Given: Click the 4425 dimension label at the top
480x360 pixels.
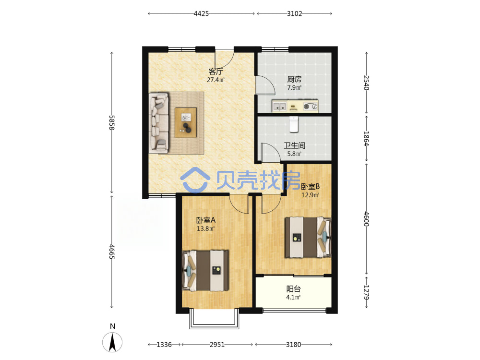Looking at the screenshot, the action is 201,13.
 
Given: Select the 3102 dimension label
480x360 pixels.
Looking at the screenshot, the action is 295,13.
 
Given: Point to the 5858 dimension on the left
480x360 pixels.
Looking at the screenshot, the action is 112,122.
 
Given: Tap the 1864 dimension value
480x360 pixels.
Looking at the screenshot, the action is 366,138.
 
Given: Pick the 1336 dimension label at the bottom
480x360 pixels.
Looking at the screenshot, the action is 164,345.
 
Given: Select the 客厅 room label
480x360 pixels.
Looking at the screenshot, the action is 216,72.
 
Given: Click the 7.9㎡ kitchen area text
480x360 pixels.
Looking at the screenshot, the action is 294,87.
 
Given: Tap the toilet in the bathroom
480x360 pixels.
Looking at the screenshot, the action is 294,124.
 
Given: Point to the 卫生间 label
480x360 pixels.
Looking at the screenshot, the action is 294,146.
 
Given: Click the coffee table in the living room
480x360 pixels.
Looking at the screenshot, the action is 186,122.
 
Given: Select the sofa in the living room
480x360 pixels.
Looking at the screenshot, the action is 158,123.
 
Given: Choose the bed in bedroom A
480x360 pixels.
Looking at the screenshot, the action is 205,270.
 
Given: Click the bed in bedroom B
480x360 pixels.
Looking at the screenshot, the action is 308,237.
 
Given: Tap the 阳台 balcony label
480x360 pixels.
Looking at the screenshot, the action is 293,288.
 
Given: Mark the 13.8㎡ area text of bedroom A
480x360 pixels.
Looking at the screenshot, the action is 205,228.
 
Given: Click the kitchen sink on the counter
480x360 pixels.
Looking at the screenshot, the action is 279,107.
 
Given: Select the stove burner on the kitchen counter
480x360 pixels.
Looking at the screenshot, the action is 306,107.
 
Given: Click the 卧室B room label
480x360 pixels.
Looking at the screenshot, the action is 311,186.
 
